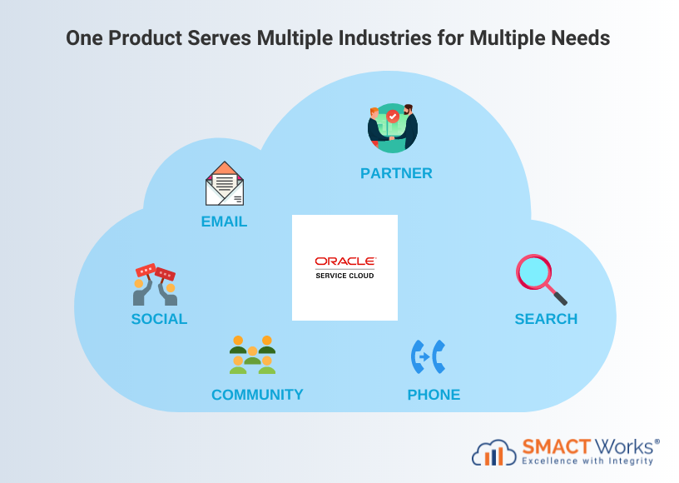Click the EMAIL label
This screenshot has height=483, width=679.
point(224,222)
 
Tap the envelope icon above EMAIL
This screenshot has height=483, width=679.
point(225,184)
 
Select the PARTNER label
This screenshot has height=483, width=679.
point(396,173)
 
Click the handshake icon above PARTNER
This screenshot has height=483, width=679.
point(393,128)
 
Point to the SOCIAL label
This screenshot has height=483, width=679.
point(159,319)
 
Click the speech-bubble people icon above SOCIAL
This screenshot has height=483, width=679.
point(156,285)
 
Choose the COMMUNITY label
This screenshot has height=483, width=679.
point(257,395)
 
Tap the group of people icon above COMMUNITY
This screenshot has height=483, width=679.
point(252,355)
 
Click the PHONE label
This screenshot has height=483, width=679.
point(434,395)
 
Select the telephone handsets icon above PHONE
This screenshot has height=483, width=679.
point(429,356)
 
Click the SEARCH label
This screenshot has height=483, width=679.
point(546,319)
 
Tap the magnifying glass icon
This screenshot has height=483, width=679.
point(541,280)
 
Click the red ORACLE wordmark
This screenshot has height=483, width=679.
point(345,261)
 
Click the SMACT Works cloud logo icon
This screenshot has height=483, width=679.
point(494,452)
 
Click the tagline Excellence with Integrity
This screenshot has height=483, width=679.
point(588,461)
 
